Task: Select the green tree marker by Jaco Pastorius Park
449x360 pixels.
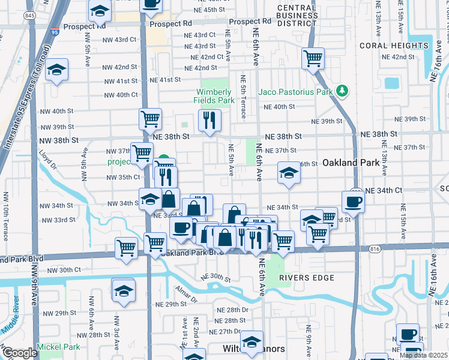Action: coord(342,91)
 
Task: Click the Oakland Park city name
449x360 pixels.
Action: coord(349,163)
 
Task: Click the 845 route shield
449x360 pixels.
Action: coord(29,16)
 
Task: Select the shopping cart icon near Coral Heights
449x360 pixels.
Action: coord(313,59)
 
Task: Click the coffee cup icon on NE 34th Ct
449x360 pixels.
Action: coord(353,201)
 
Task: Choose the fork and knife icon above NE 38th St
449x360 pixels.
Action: coord(209,121)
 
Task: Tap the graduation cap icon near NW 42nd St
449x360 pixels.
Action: coord(57,70)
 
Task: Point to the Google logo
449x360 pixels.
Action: coord(20,353)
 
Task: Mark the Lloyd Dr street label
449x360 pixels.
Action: coord(47,161)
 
